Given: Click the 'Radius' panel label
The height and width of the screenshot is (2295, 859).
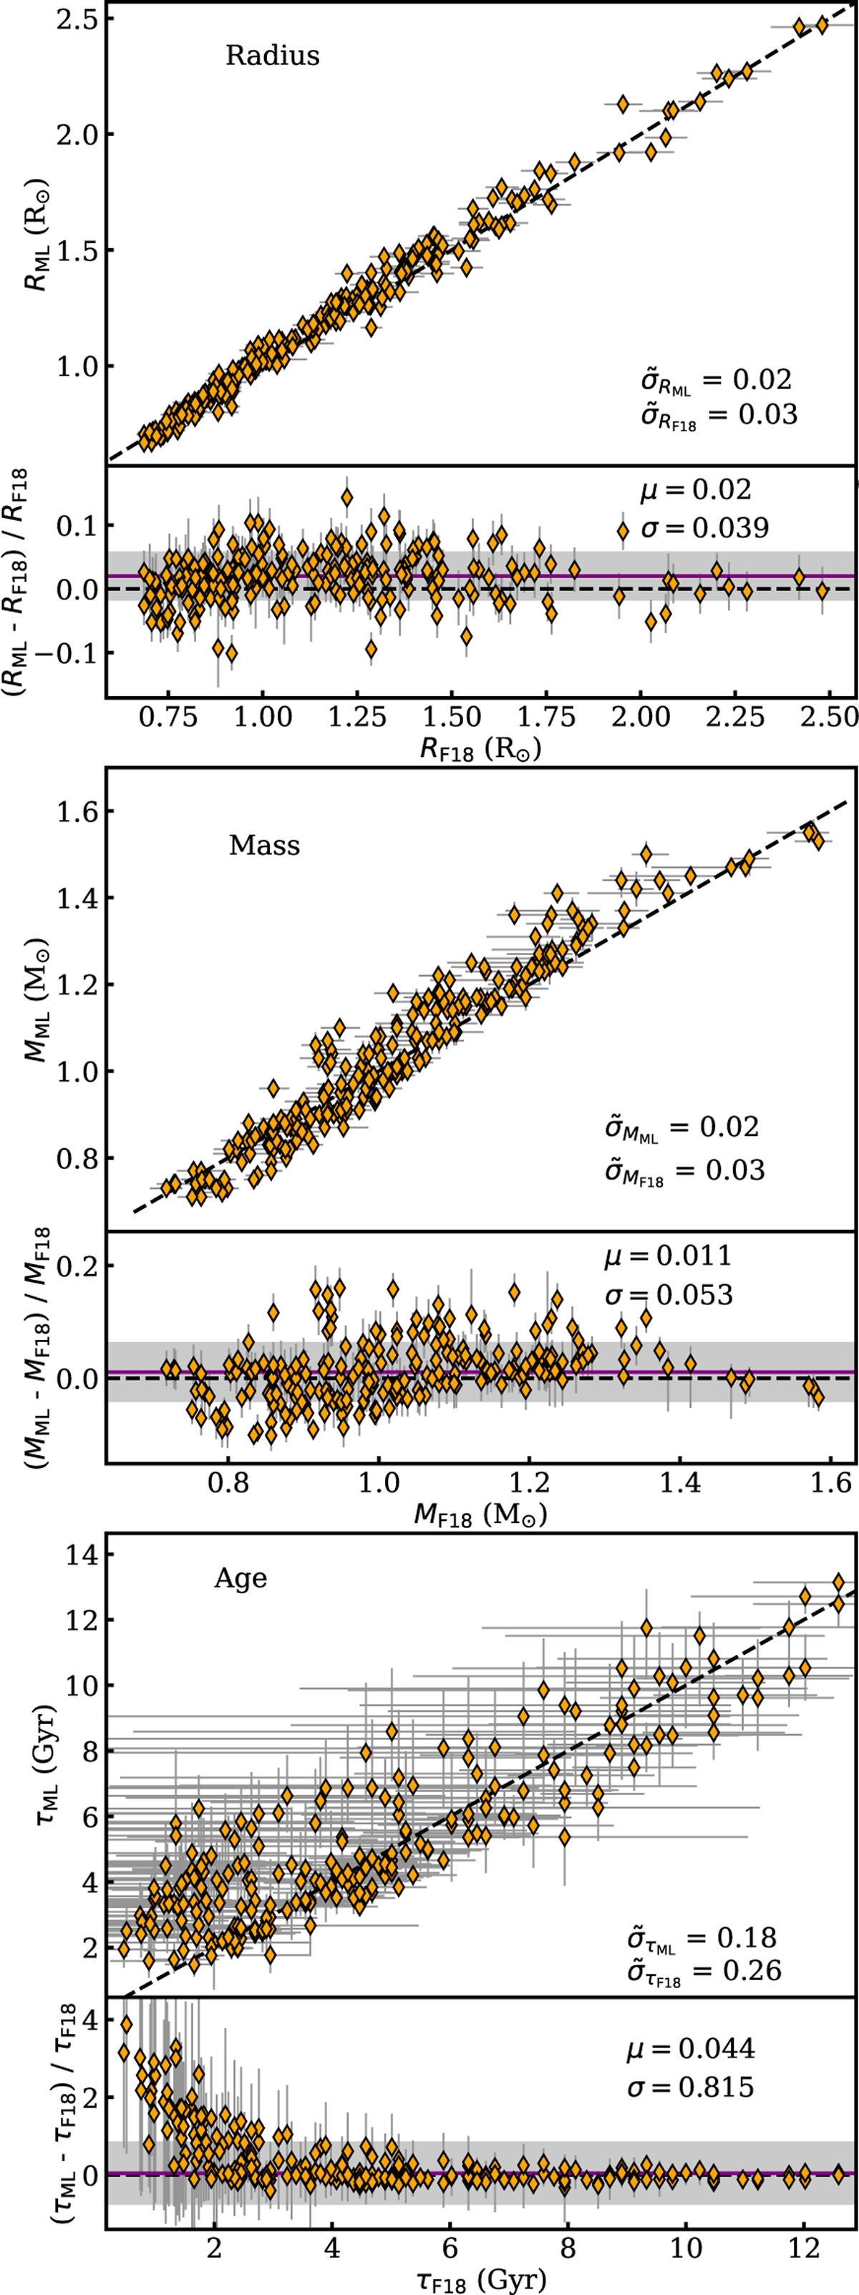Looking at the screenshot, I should tap(272, 55).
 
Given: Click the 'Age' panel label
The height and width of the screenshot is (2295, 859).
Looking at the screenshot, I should tap(240, 1578).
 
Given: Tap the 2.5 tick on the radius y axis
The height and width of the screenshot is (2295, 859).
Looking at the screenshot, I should tap(73, 19).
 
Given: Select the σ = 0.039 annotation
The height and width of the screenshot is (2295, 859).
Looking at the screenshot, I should tap(704, 528).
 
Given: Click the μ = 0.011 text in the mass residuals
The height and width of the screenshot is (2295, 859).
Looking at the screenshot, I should tap(667, 1256).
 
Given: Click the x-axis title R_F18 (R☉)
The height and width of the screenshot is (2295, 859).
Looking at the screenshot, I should tap(480, 748).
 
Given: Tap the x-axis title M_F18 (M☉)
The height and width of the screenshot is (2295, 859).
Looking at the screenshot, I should tap(480, 1514).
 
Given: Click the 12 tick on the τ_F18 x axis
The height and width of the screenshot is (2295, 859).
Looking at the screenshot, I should tap(804, 2247).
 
